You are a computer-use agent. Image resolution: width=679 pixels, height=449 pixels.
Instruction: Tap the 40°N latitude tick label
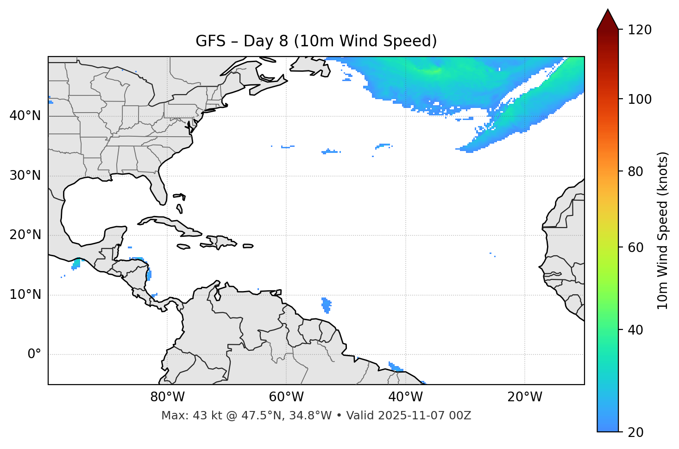25,115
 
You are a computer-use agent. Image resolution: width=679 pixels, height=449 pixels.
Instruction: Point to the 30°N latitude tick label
25,176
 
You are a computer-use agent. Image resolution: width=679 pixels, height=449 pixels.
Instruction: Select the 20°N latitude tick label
25,235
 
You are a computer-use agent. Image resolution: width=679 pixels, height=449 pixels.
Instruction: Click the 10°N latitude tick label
25,295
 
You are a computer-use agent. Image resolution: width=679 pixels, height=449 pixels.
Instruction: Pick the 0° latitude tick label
34,354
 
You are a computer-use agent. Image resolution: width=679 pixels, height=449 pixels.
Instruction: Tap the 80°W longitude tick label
167,397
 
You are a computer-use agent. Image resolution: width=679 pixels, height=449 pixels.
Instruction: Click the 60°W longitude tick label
286,397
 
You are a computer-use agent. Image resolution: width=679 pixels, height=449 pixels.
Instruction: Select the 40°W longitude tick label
405,397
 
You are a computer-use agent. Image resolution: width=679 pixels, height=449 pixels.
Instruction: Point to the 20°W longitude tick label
525,397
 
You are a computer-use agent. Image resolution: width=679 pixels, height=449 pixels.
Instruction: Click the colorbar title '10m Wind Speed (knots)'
663,230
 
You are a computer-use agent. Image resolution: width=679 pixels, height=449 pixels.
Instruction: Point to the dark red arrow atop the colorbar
608,20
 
